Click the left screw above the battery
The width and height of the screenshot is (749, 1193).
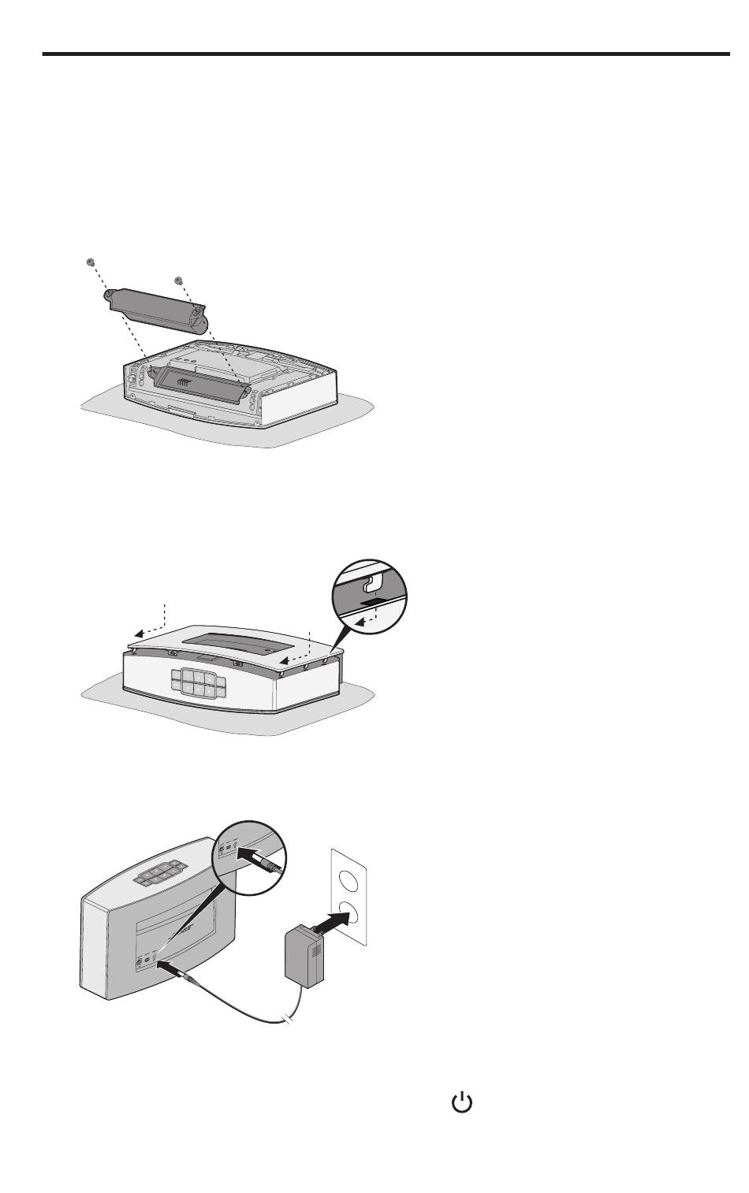[91, 262]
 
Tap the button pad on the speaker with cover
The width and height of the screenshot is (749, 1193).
[198, 680]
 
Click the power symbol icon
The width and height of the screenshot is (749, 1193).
[461, 1104]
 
